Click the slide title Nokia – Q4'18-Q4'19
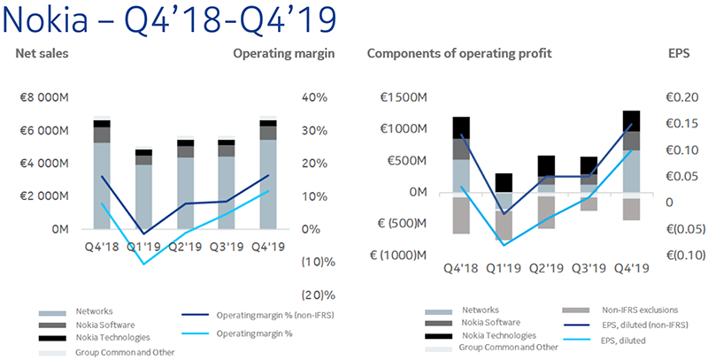[x=169, y=20]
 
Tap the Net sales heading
[x=42, y=53]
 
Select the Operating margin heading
[x=284, y=54]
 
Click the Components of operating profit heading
[x=459, y=54]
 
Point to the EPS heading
[x=679, y=53]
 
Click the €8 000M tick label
[x=44, y=97]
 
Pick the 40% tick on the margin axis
[x=314, y=97]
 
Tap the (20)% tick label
[x=319, y=295]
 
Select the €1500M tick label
[x=404, y=97]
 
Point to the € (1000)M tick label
[x=398, y=256]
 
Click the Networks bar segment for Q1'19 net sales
[x=143, y=196]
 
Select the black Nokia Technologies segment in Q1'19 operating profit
[x=504, y=183]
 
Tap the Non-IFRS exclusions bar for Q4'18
[x=461, y=215]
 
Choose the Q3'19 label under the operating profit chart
[x=589, y=268]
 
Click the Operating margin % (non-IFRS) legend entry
[x=258, y=315]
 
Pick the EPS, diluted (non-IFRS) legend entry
[x=626, y=325]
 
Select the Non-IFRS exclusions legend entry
[x=620, y=310]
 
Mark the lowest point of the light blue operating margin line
[x=143, y=264]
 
